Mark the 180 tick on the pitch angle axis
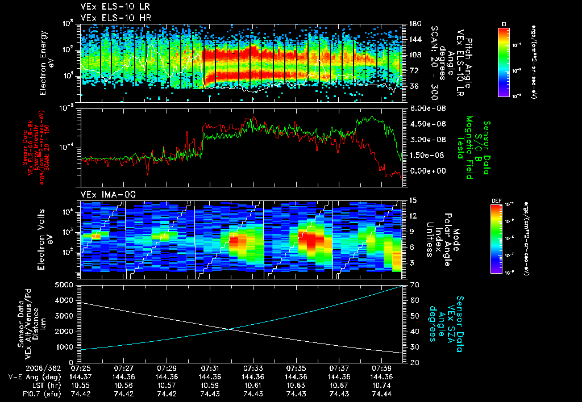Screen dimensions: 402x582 414,23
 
